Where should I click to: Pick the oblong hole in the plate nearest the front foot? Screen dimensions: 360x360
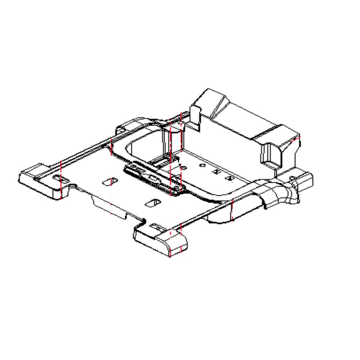(152, 202)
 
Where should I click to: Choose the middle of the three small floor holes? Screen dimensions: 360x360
(216, 171)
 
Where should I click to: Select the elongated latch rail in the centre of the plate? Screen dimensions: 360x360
(148, 177)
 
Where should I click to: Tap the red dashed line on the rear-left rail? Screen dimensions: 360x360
(111, 147)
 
